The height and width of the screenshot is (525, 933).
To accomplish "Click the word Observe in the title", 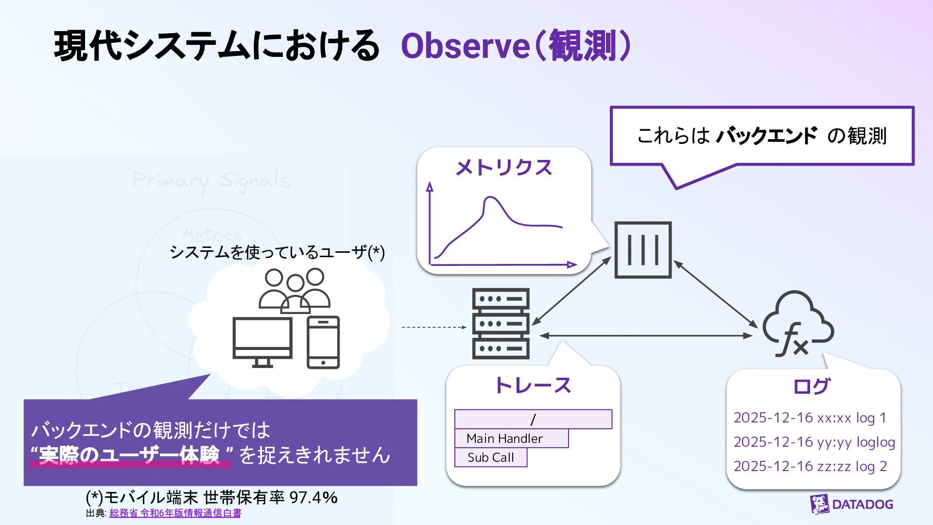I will (464, 47).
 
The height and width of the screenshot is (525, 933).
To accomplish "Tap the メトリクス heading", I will (503, 168).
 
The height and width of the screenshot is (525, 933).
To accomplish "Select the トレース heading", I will (533, 385).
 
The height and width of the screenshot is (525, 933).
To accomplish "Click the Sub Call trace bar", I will (491, 457).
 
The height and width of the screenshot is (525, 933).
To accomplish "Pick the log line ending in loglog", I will (814, 442).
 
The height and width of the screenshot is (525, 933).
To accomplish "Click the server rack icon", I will (501, 323).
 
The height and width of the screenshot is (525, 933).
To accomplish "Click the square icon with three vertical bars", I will (643, 250).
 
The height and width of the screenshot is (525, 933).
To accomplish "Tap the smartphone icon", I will (323, 342).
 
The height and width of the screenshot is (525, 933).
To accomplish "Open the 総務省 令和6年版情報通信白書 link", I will (175, 513).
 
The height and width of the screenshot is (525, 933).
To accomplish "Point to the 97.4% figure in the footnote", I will (313, 498).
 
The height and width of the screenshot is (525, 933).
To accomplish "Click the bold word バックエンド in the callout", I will (766, 136).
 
